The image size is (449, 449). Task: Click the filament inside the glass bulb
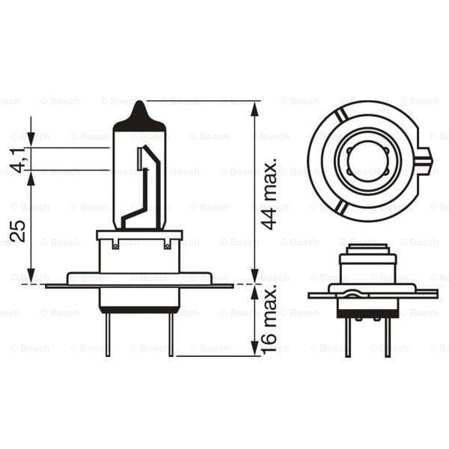click(x=147, y=183)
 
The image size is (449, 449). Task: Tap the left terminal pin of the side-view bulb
click(x=107, y=334)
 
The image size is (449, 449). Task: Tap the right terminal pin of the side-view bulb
click(x=171, y=334)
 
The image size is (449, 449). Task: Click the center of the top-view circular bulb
click(x=368, y=160)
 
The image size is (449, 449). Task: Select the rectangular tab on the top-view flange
click(x=424, y=159)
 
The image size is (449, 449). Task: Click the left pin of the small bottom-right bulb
click(x=349, y=338)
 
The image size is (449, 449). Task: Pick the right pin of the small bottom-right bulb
click(x=388, y=338)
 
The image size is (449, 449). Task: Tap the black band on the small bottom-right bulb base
click(x=368, y=314)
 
